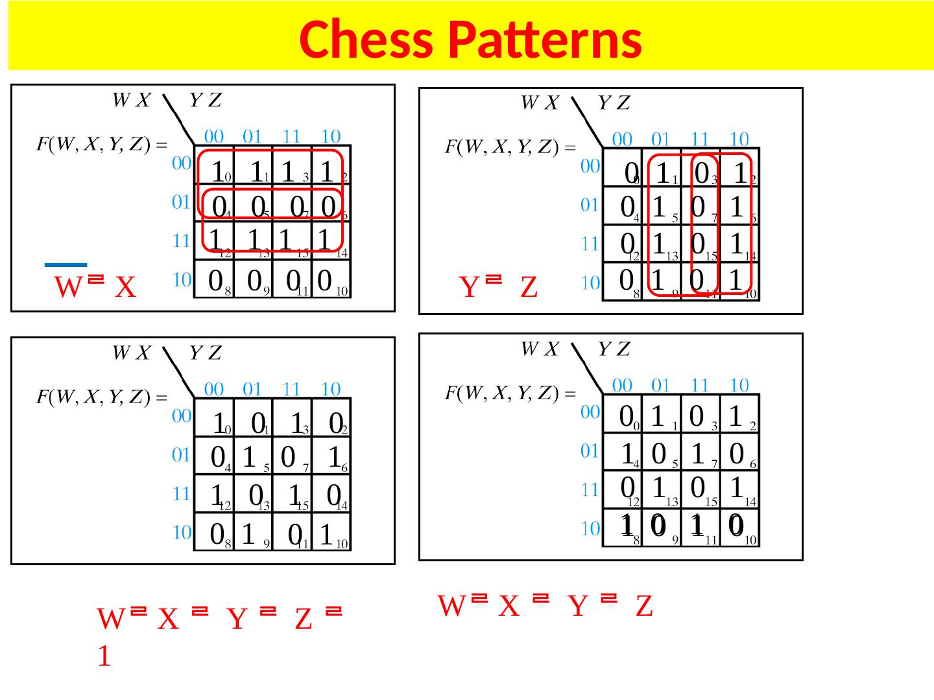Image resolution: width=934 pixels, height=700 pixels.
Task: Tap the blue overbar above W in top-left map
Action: coord(66,264)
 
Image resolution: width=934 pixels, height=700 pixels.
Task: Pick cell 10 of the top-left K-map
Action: coord(331,281)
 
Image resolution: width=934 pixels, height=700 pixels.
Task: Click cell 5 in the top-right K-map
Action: coord(662,207)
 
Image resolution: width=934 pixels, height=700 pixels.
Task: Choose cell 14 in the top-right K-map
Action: coord(739,245)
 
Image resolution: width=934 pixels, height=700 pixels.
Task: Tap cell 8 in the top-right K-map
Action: coord(623,282)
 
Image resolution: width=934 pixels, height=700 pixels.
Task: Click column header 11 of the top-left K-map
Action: coord(292,137)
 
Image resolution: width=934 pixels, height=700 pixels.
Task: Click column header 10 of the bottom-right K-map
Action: coord(739,385)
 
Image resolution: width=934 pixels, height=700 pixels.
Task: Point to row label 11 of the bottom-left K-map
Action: coord(180,494)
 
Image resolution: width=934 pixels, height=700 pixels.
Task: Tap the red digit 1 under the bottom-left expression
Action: coord(103,658)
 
